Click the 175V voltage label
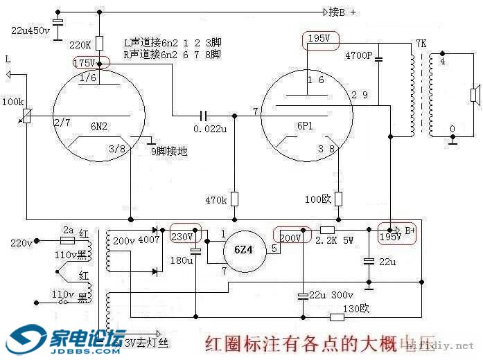tap(85, 63)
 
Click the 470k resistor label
tap(215, 200)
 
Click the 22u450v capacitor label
tap(31, 31)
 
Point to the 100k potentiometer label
tap(12, 102)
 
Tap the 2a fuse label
tap(68, 229)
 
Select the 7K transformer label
tap(421, 43)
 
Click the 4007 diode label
tap(148, 240)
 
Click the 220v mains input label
tap(21, 243)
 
